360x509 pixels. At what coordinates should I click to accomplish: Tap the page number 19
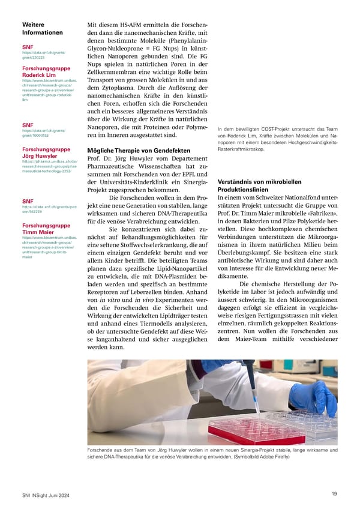coord(334,493)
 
